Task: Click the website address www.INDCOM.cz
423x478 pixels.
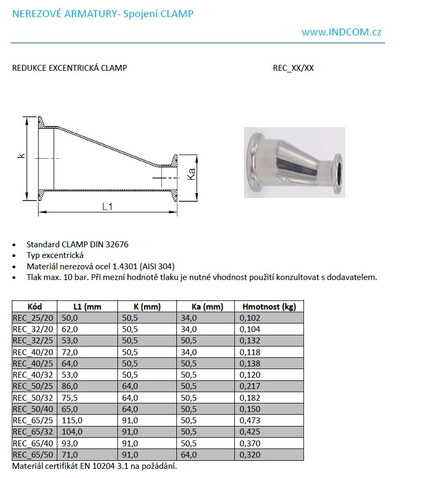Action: [x=342, y=32]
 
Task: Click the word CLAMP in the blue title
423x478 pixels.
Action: [x=174, y=14]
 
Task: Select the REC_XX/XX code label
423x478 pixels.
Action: [x=293, y=68]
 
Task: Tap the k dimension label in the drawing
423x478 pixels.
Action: [x=20, y=156]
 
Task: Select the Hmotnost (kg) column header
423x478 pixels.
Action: [x=269, y=307]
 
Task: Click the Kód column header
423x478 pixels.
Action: [x=35, y=307]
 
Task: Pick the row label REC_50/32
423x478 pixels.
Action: [x=32, y=398]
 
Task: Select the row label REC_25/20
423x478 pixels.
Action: [x=32, y=318]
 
